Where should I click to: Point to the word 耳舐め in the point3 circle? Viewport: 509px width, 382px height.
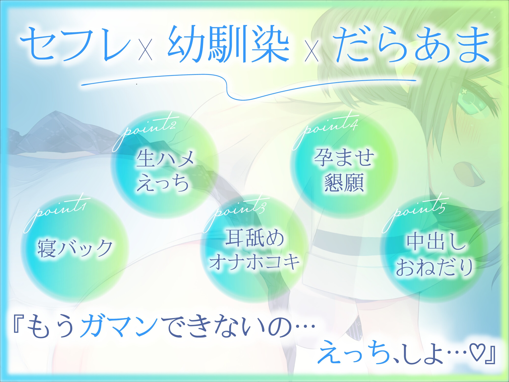point(254,238)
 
